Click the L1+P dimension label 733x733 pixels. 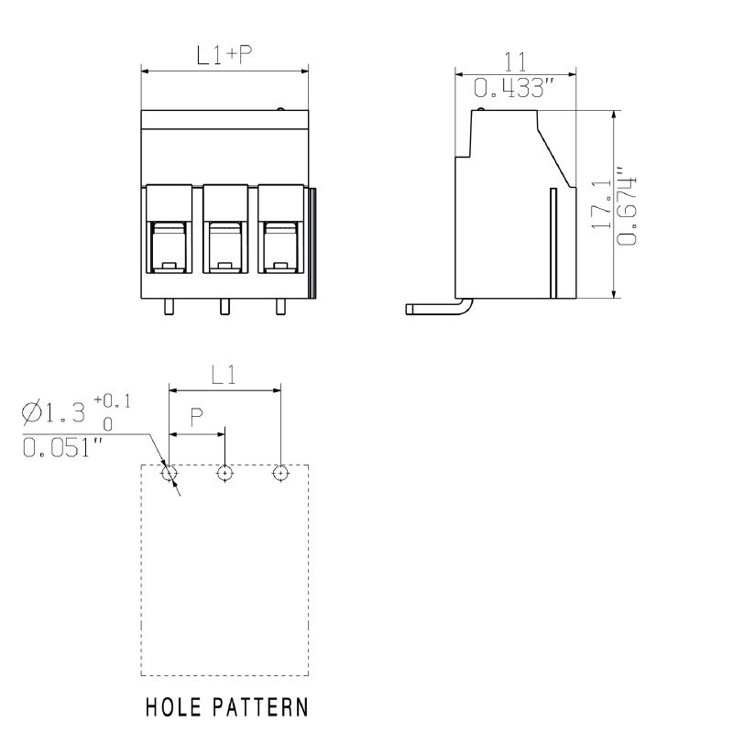pos(224,55)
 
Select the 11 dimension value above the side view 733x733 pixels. pos(515,62)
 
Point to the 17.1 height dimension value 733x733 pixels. pos(602,203)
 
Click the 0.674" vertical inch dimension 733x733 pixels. pos(627,205)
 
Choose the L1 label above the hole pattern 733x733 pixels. pos(224,375)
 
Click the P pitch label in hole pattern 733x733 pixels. pos(197,418)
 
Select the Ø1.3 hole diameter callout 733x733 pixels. pos(54,413)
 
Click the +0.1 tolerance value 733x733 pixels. pos(113,400)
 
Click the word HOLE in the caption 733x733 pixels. pos(173,706)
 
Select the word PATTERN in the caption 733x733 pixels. pos(261,706)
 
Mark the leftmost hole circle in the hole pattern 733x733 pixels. pos(169,474)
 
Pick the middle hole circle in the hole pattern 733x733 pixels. pos(224,474)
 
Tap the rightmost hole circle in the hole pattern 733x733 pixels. pos(280,474)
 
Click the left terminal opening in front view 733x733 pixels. pos(170,247)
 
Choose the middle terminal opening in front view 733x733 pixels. pos(224,247)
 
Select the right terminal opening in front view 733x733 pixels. pos(280,247)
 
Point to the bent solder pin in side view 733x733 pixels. pos(440,309)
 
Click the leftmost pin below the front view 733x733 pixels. pos(170,307)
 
